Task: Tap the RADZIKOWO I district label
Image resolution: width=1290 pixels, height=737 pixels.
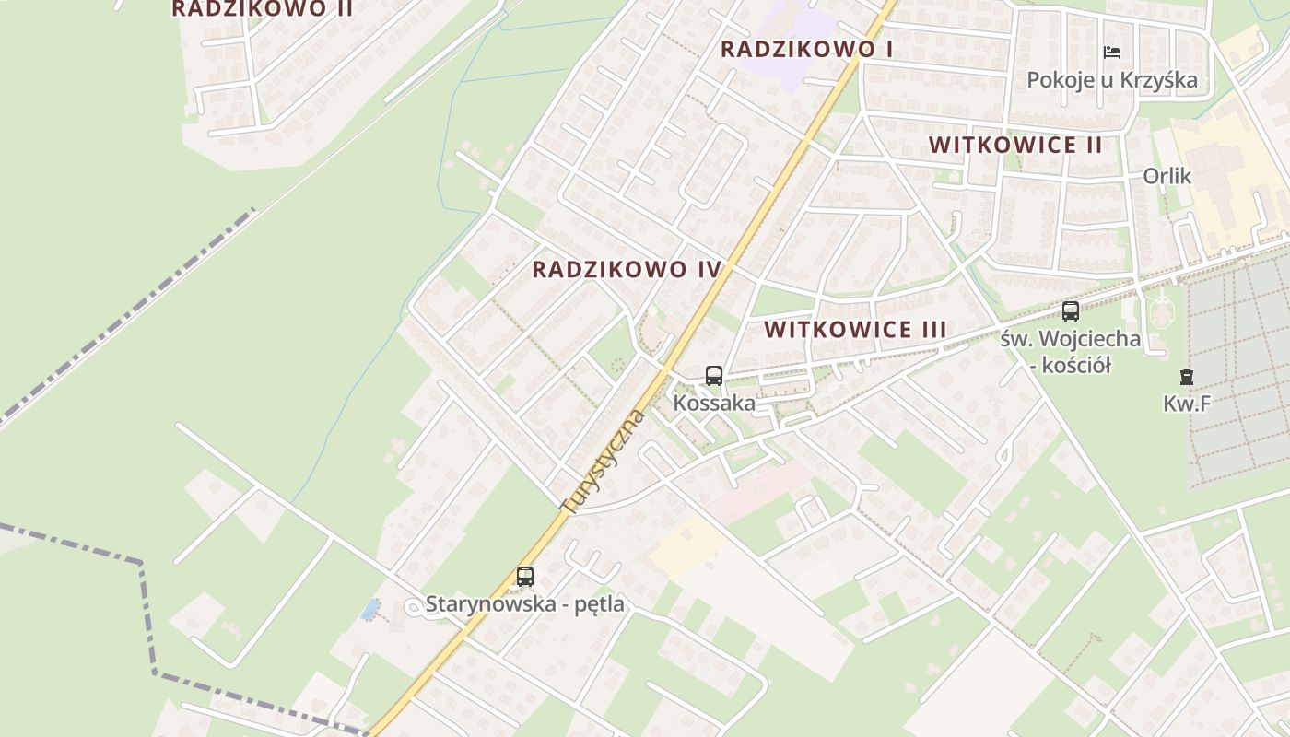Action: pyautogui.click(x=806, y=49)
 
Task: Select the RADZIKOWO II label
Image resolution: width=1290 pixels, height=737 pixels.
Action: pyautogui.click(x=262, y=9)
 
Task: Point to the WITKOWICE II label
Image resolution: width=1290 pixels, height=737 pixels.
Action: pyautogui.click(x=1015, y=145)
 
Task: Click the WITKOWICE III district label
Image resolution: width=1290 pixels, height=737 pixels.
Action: pyautogui.click(x=855, y=330)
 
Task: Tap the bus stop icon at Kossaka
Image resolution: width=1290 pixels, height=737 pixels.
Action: pyautogui.click(x=714, y=376)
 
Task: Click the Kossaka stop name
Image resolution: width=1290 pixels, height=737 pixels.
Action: pyautogui.click(x=714, y=404)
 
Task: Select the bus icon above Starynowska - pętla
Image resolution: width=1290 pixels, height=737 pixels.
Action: pyautogui.click(x=525, y=577)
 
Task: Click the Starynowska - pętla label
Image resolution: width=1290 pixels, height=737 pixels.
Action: pyautogui.click(x=524, y=604)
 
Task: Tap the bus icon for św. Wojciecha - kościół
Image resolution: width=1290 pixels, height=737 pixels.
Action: pyautogui.click(x=1070, y=311)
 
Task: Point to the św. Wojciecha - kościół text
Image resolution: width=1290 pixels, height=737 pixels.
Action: pyautogui.click(x=1070, y=352)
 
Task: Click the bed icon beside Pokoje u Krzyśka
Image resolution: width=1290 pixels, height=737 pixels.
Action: pyautogui.click(x=1112, y=53)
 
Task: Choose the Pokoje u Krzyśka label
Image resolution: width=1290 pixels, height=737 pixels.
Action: pyautogui.click(x=1112, y=80)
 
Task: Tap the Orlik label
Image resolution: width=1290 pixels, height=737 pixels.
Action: pyautogui.click(x=1167, y=176)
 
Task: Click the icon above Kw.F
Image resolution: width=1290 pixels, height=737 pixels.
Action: pyautogui.click(x=1186, y=376)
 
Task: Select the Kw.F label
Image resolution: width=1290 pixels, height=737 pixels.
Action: pyautogui.click(x=1186, y=403)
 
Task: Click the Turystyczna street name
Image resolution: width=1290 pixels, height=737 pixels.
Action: pyautogui.click(x=604, y=461)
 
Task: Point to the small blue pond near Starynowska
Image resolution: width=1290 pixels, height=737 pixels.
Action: pyautogui.click(x=370, y=609)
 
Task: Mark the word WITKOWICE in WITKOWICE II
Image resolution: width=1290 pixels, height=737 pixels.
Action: pyautogui.click(x=991, y=145)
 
